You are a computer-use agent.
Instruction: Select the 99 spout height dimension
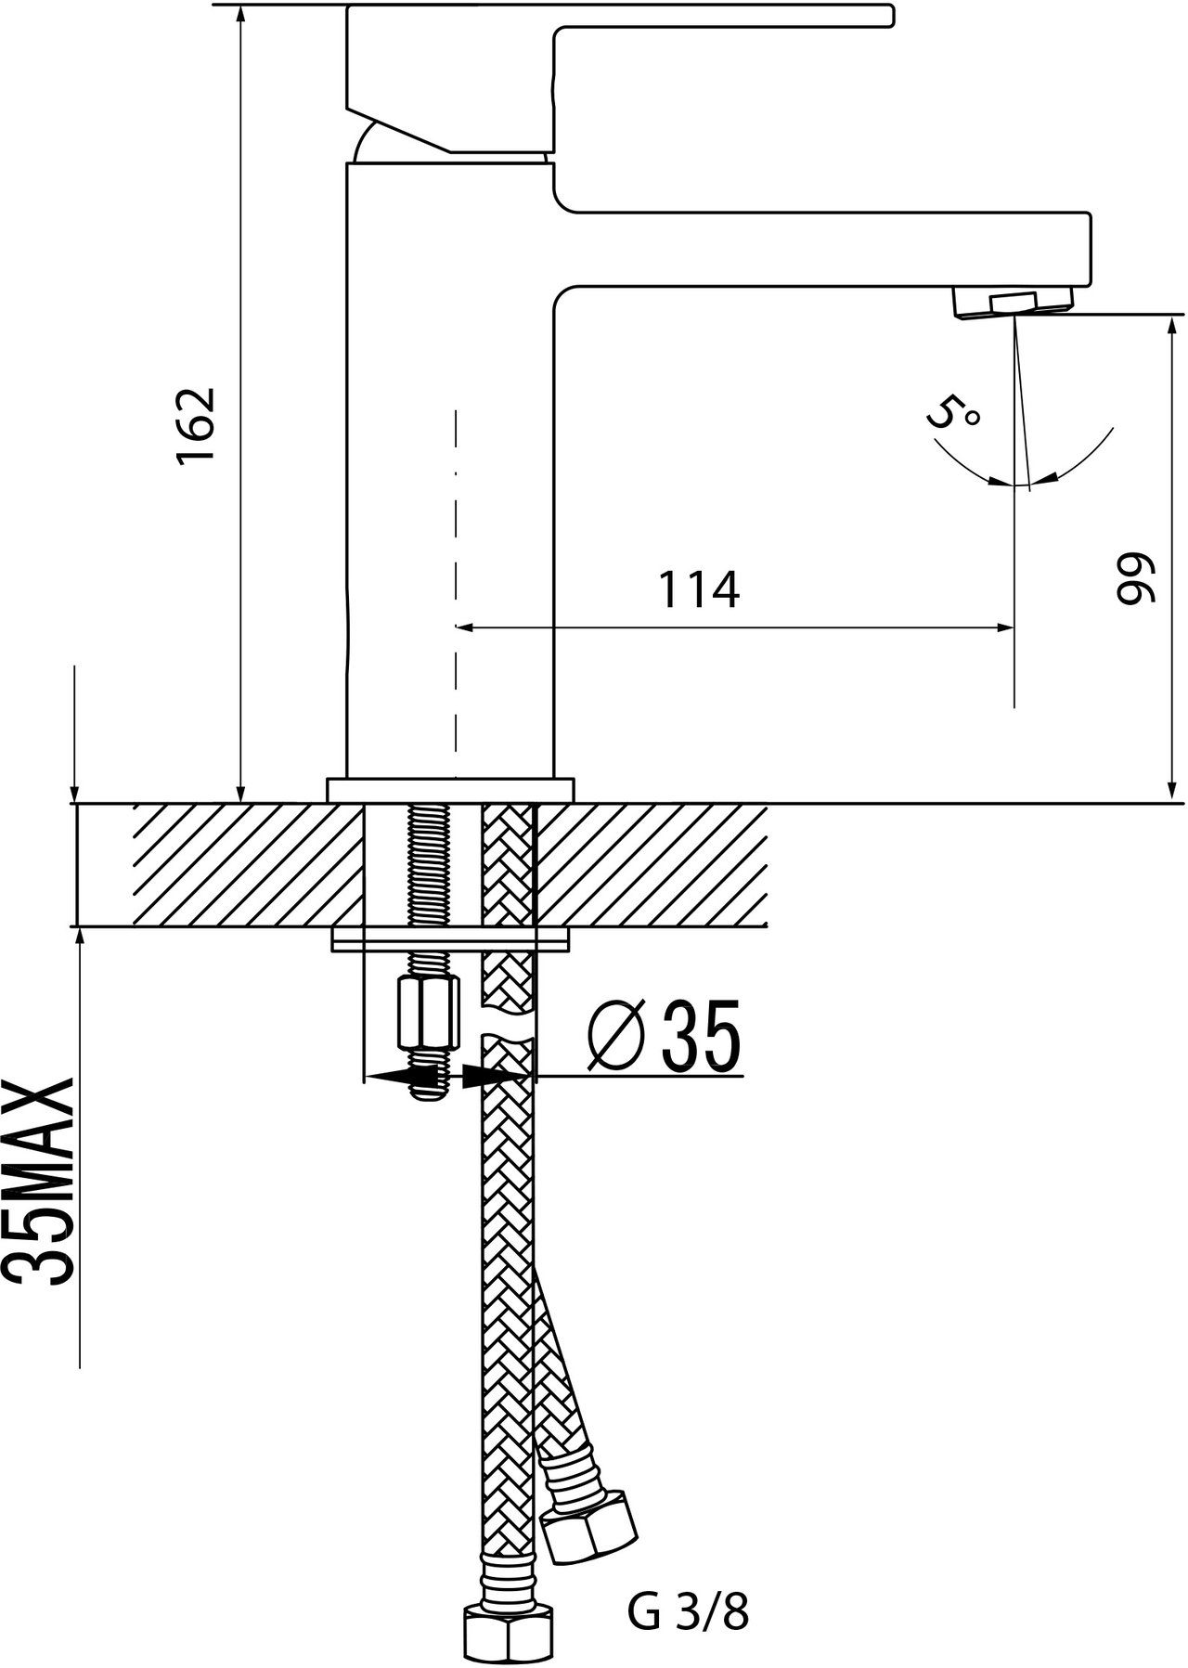tap(1132, 580)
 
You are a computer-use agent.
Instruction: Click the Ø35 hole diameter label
tap(665, 1036)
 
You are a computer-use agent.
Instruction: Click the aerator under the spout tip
tap(1013, 304)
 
